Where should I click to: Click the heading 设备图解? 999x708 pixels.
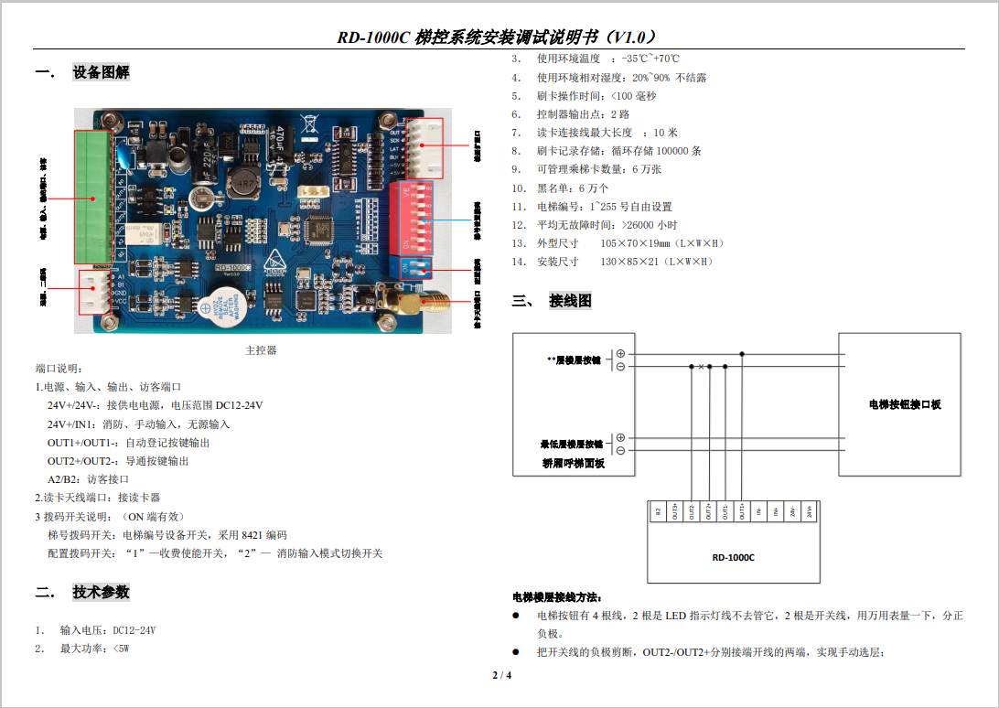pyautogui.click(x=101, y=72)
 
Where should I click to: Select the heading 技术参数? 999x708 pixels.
pyautogui.click(x=101, y=592)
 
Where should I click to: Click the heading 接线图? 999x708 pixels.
pyautogui.click(x=570, y=300)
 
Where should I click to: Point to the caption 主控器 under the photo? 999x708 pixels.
pyautogui.click(x=261, y=350)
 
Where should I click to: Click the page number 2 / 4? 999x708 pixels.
pyautogui.click(x=502, y=676)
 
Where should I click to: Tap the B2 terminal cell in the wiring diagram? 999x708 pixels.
pyautogui.click(x=658, y=512)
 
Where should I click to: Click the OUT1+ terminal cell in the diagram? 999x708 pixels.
pyautogui.click(x=742, y=512)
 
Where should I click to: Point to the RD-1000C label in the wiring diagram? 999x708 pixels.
pyautogui.click(x=733, y=557)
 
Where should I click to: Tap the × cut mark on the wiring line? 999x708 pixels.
pyautogui.click(x=701, y=367)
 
